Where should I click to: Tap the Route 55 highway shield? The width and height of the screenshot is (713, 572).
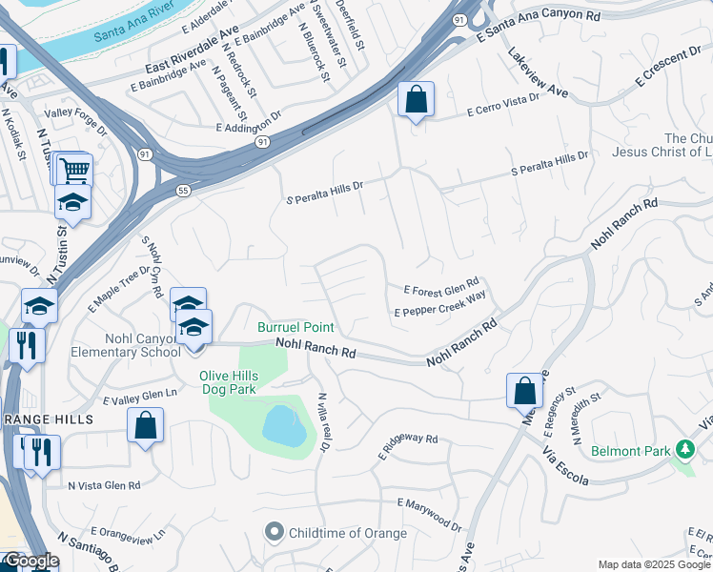180,192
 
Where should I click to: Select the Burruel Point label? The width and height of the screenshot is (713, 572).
295,327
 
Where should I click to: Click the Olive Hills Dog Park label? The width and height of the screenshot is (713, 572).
242,381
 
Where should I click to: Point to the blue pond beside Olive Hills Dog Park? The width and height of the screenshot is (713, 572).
284,425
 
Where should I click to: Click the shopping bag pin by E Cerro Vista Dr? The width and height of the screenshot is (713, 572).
417,98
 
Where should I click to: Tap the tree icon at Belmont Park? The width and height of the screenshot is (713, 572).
683,449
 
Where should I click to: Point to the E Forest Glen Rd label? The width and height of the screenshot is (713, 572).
440,289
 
